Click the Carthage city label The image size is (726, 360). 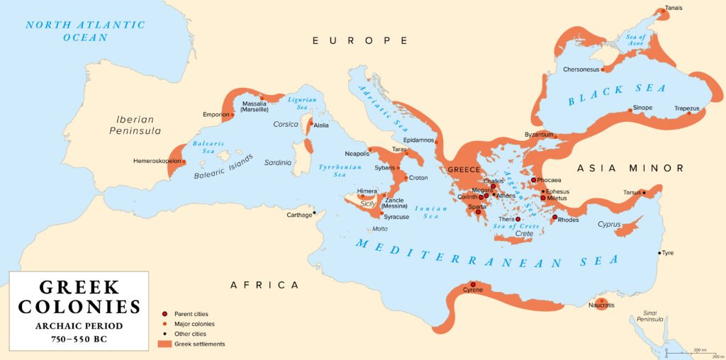point(298,215)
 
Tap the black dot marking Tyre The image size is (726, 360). point(660,253)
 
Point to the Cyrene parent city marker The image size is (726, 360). point(473,284)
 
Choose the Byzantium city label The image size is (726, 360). point(539,135)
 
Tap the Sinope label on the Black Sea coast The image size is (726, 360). point(642,108)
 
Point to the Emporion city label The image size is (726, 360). point(216,114)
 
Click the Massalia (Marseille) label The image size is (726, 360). point(255,107)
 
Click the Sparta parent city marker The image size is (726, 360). point(479,212)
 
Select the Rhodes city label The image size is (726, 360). point(569,220)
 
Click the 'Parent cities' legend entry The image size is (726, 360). point(191,314)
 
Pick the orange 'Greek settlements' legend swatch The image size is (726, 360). point(164,344)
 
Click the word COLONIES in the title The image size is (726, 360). point(79,306)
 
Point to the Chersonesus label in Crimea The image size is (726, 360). point(581,69)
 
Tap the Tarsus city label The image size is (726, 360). point(632,192)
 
